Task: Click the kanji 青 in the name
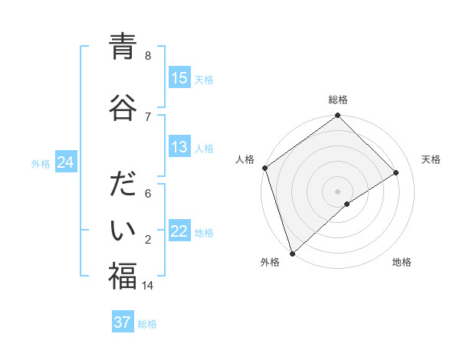(123, 47)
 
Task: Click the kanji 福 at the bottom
(123, 277)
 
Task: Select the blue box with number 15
(179, 78)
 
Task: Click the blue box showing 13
(179, 147)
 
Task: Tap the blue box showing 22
(179, 231)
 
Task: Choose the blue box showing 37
(123, 322)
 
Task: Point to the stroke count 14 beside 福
(148, 286)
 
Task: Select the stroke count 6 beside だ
(148, 194)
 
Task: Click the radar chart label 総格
(338, 100)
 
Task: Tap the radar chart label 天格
(431, 159)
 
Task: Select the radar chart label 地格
(402, 262)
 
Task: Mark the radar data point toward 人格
(264, 168)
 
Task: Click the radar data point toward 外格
(291, 253)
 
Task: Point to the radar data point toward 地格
(347, 204)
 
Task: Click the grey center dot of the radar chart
(337, 191)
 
